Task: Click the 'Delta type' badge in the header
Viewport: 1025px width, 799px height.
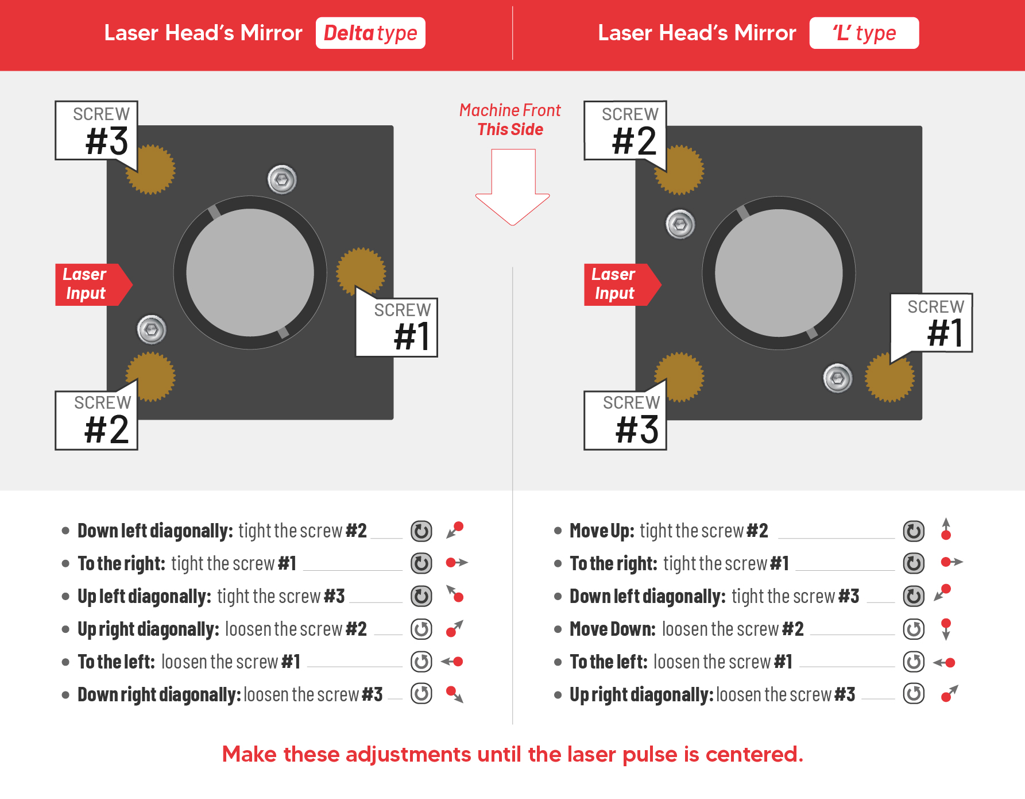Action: click(x=370, y=33)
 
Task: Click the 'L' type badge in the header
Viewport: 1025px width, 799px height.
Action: click(x=864, y=33)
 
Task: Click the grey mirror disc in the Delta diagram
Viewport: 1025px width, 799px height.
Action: click(x=250, y=272)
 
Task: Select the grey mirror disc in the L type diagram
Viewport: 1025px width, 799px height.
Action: click(x=779, y=272)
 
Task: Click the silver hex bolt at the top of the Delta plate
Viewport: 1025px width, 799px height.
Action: click(x=282, y=180)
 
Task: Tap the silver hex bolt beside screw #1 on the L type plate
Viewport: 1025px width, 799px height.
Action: click(x=838, y=378)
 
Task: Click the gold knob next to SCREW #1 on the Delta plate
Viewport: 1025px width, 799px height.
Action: click(x=361, y=272)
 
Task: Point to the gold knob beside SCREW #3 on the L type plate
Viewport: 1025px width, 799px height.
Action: click(x=679, y=377)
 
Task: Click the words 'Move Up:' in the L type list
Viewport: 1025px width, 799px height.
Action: click(x=602, y=531)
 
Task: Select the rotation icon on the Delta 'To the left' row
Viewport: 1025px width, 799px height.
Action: click(x=421, y=662)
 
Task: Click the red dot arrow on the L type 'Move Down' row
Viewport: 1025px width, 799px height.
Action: click(x=946, y=629)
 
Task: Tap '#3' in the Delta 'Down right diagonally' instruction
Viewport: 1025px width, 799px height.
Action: click(x=372, y=694)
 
